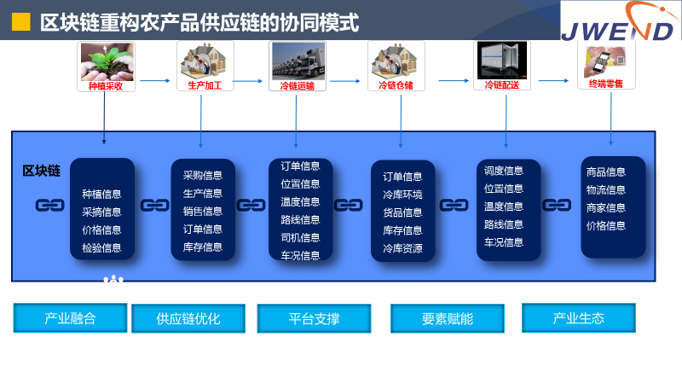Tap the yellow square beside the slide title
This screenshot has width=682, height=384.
[x=20, y=22]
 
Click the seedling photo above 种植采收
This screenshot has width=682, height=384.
[x=107, y=61]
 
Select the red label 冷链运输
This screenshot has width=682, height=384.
[x=297, y=86]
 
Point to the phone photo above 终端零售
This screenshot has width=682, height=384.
[x=606, y=62]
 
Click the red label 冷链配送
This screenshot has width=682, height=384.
[x=502, y=84]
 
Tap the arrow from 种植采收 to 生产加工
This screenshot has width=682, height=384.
[x=155, y=80]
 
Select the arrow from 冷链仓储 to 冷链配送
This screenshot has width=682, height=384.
[x=454, y=80]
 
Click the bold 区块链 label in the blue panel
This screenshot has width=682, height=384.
[x=41, y=171]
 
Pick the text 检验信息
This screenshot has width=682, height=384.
[x=101, y=247]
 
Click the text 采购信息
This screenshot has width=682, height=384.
[x=203, y=176]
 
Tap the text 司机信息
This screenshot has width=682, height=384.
[x=300, y=238]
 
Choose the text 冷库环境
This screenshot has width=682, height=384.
[x=402, y=195]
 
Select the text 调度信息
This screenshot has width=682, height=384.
[x=504, y=171]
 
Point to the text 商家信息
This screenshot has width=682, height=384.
[x=606, y=207]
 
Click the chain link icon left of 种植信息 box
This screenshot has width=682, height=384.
[x=50, y=205]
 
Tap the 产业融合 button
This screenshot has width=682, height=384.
[x=70, y=318]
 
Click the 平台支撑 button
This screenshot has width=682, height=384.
[x=314, y=318]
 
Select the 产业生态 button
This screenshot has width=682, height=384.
[x=579, y=317]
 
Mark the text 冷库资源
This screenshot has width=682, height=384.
[x=402, y=248]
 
